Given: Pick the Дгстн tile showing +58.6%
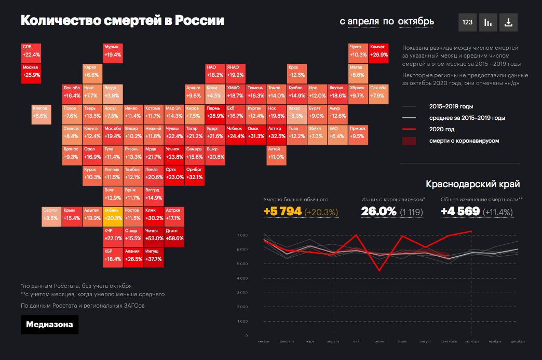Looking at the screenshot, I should (x=174, y=236).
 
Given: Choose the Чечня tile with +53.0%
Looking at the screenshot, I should (x=154, y=236).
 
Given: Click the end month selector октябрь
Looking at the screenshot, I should (x=416, y=21).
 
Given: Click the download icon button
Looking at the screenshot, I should (x=508, y=22).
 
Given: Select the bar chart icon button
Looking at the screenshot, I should (x=488, y=22).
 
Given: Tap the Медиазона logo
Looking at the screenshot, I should (x=49, y=325).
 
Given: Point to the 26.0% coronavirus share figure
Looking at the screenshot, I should (x=378, y=212).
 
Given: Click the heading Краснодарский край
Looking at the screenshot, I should (x=472, y=184).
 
